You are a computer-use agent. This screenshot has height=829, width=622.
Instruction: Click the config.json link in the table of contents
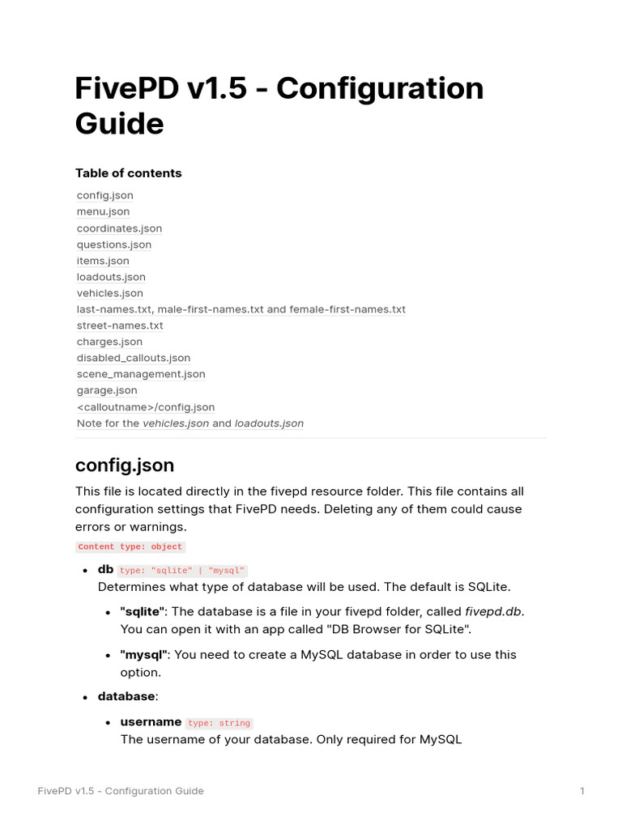point(105,195)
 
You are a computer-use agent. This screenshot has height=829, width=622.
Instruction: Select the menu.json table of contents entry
point(103,211)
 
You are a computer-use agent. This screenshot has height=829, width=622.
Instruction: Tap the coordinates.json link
point(119,228)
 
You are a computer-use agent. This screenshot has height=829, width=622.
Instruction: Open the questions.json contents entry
point(114,244)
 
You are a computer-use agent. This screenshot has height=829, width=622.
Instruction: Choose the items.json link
point(103,261)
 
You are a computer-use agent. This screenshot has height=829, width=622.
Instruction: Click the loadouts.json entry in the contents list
point(111,277)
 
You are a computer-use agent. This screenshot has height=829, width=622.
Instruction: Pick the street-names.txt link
point(120,325)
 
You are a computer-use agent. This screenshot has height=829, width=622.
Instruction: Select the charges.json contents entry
point(109,342)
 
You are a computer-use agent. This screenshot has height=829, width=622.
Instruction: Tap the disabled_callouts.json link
point(134,358)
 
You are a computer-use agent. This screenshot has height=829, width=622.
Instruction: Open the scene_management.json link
point(141,374)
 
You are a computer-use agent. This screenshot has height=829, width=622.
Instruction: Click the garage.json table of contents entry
point(107,390)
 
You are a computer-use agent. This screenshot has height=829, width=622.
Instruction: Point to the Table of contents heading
point(128,173)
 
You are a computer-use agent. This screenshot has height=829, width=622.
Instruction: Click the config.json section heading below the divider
point(124,466)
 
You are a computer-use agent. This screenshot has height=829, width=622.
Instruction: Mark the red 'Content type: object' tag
point(130,547)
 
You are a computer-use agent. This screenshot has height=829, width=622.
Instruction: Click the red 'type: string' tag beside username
point(219,724)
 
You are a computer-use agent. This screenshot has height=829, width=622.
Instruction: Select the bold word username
point(151,722)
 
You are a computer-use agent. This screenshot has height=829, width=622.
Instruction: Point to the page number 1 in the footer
point(582,791)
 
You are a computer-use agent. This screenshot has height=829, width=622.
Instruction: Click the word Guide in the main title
point(119,124)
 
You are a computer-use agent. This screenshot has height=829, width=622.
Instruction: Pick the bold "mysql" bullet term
point(143,654)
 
